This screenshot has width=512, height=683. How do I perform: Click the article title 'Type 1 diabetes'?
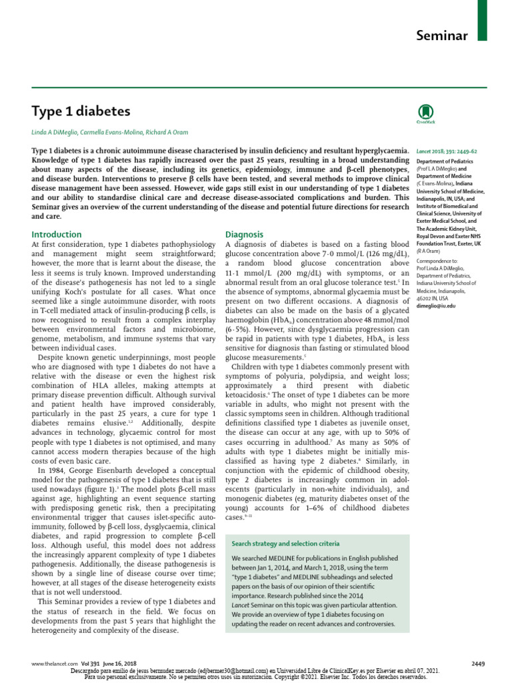pyautogui.click(x=81, y=111)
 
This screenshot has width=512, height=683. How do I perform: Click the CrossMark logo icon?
pyautogui.click(x=425, y=113)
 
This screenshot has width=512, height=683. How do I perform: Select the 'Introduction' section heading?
pyautogui.click(x=57, y=234)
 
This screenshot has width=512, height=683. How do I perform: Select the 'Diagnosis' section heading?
pyautogui.click(x=245, y=234)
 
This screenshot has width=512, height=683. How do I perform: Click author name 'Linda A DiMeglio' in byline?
pyautogui.click(x=59, y=132)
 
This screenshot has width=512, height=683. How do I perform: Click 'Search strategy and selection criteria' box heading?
pyautogui.click(x=285, y=544)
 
